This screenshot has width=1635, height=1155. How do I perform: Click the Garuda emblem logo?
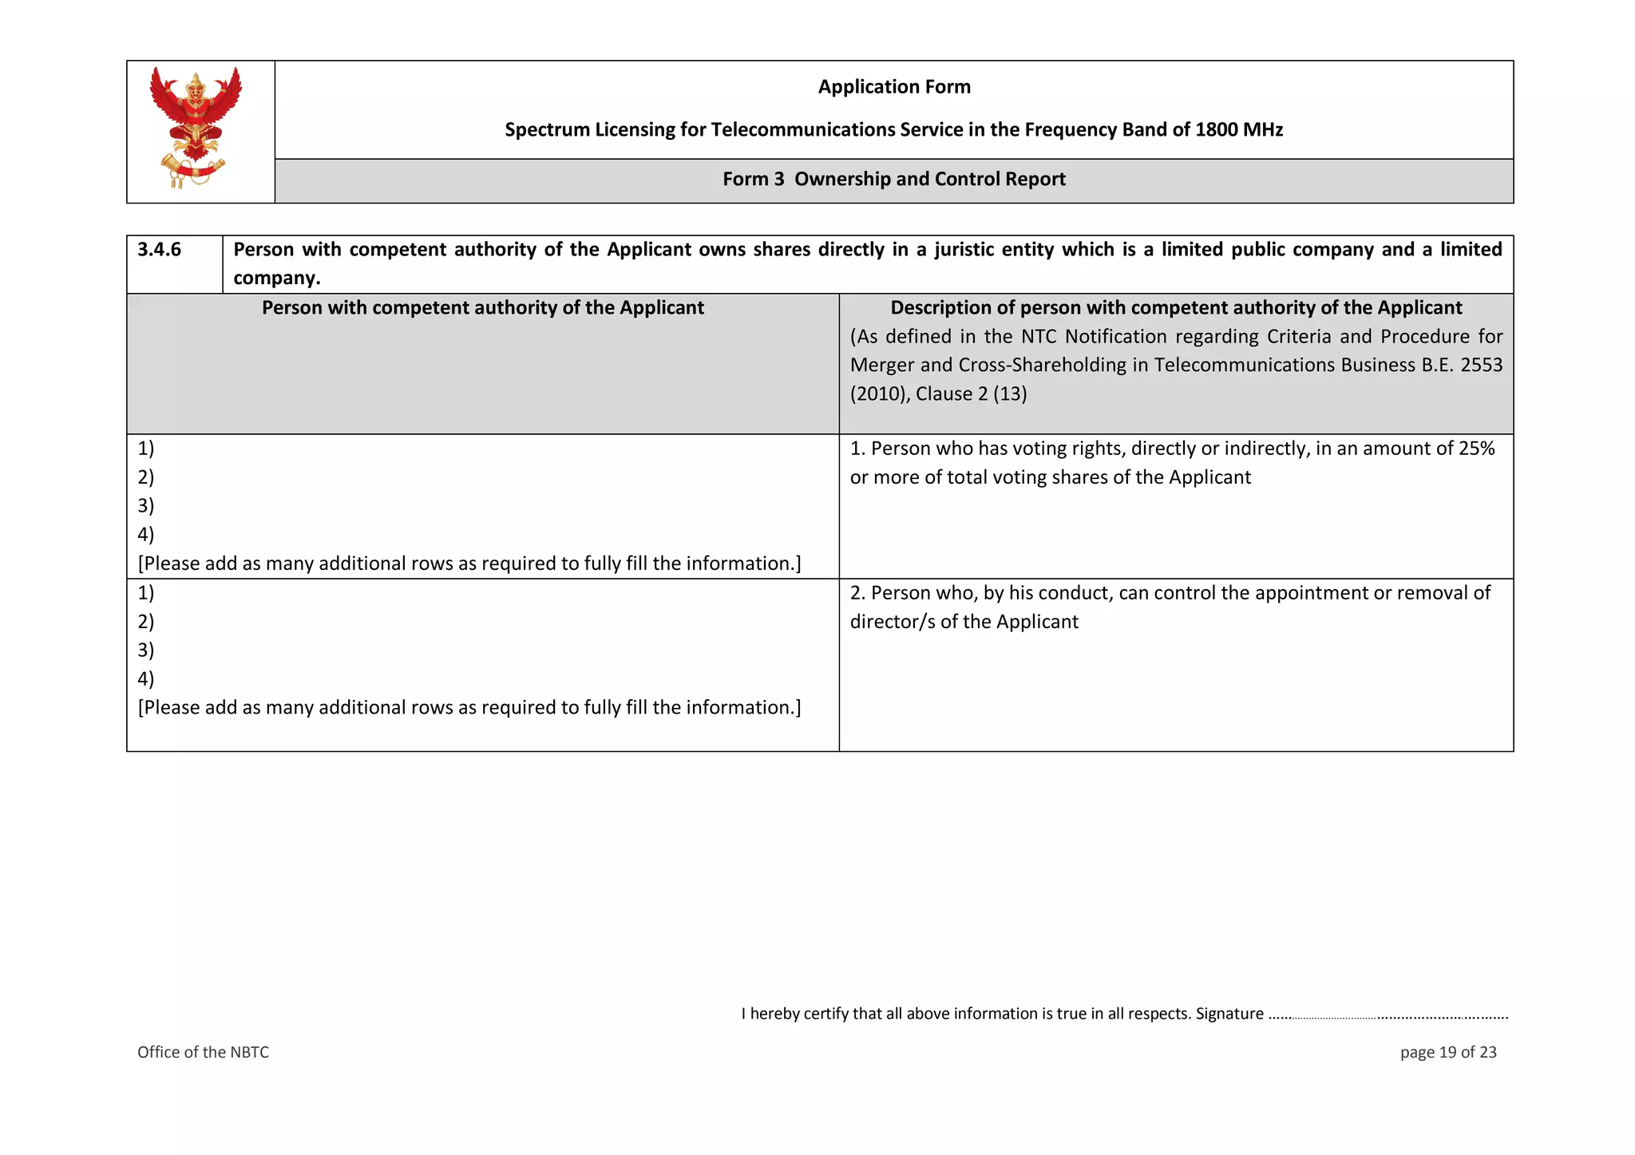coord(196,128)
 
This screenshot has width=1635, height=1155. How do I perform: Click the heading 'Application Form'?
coord(894,87)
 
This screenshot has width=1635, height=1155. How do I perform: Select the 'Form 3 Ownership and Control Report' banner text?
coord(894,180)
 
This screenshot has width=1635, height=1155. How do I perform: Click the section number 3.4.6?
coord(160,250)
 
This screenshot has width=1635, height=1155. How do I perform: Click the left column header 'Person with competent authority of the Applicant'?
coord(482,308)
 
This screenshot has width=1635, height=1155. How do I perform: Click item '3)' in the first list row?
coord(146,506)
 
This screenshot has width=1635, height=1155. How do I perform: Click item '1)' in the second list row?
coord(146,593)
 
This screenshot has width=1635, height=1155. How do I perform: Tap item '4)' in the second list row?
coord(146,679)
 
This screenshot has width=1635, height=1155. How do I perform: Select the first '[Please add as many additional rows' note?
coord(469,564)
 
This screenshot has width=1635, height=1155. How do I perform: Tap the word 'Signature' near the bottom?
coord(1229,1014)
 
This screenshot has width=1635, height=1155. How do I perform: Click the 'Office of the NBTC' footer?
coord(203,1053)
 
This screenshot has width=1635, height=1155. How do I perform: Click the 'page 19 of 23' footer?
coord(1447,1053)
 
